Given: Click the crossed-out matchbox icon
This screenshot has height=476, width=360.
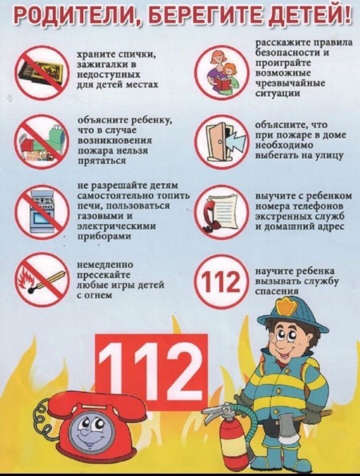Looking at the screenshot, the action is (x=42, y=73).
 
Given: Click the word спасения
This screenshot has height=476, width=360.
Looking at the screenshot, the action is (x=277, y=291).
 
